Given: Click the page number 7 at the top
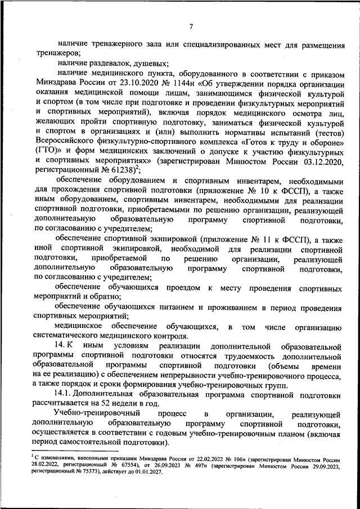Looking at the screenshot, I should point(191,26).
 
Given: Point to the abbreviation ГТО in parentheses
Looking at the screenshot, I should point(47,151).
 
